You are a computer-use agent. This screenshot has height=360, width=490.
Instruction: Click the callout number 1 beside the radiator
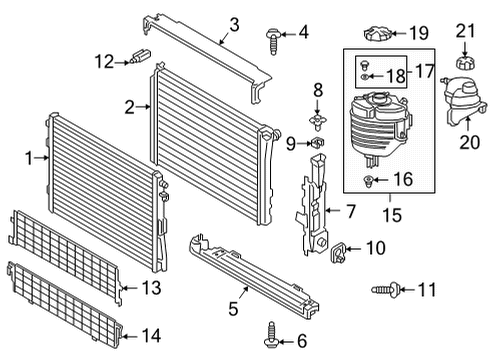coord(29,157)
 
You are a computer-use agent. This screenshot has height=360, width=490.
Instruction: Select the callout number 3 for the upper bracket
coord(233,25)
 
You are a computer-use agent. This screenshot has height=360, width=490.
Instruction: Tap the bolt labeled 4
coord(273,38)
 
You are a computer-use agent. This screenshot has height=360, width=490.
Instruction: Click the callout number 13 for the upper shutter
coord(151,289)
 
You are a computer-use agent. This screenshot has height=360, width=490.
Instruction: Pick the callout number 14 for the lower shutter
coord(151,335)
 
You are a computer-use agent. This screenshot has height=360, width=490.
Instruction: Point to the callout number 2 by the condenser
coord(130,107)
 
